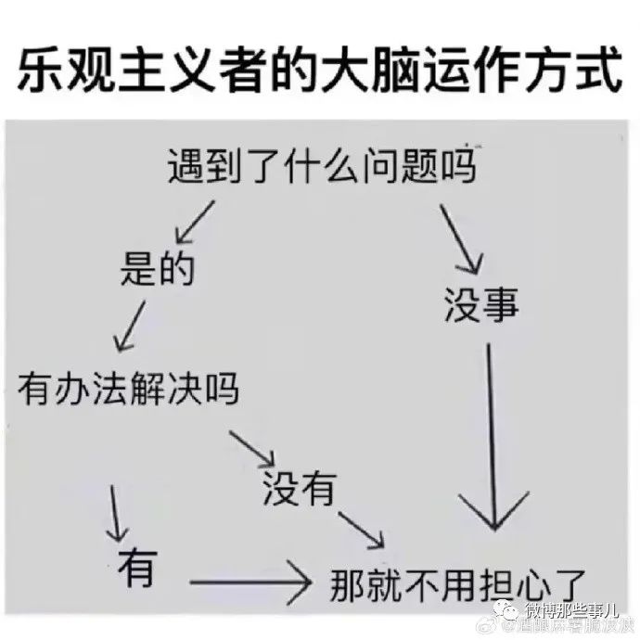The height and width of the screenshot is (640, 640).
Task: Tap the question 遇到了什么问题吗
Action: [x=321, y=169]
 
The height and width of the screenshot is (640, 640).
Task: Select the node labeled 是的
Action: [x=157, y=269]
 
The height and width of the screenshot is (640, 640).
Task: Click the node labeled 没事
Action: [x=480, y=305]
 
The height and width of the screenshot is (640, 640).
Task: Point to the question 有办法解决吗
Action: [x=128, y=389]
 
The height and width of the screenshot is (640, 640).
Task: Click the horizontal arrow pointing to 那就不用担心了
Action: [x=248, y=583]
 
